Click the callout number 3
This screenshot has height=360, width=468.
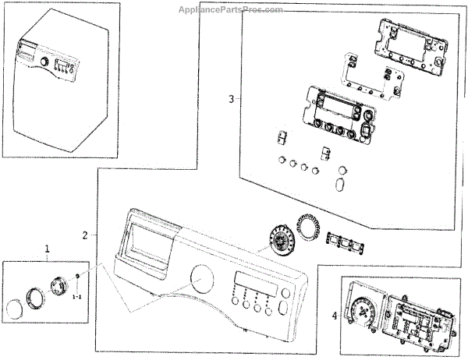click(x=232, y=99)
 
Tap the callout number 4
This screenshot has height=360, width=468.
click(x=334, y=316)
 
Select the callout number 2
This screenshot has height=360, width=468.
click(x=85, y=235)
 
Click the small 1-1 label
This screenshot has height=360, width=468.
click(x=78, y=297)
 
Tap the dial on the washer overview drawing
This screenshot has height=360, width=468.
click(x=44, y=62)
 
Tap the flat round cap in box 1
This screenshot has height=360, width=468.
click(x=16, y=309)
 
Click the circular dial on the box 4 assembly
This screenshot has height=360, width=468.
click(x=363, y=315)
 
